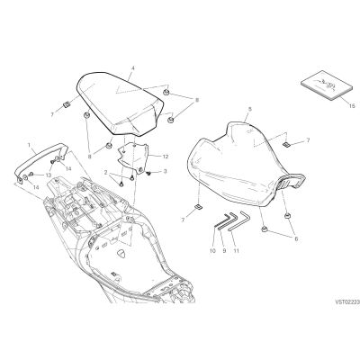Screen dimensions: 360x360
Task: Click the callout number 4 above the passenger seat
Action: [133, 68]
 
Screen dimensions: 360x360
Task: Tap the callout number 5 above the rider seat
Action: [250, 109]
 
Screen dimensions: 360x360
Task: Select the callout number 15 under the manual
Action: [352, 106]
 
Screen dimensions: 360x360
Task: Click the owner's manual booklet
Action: [326, 85]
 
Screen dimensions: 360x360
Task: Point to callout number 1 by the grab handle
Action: [29, 145]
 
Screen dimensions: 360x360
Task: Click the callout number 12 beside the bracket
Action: [166, 157]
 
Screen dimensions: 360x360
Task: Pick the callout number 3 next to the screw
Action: [166, 172]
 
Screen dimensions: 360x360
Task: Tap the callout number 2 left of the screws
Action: [105, 173]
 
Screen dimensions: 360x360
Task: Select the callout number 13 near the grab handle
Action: [49, 175]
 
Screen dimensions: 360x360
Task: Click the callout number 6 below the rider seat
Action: [296, 239]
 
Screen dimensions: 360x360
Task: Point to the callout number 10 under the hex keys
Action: [212, 251]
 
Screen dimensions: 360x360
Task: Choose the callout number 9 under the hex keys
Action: [224, 251]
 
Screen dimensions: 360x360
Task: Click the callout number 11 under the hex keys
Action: [237, 251]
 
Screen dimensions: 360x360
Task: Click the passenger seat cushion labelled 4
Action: [120, 102]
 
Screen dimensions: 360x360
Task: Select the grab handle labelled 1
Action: [40, 162]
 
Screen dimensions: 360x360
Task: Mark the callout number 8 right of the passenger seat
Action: [197, 101]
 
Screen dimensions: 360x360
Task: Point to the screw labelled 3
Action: [148, 173]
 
